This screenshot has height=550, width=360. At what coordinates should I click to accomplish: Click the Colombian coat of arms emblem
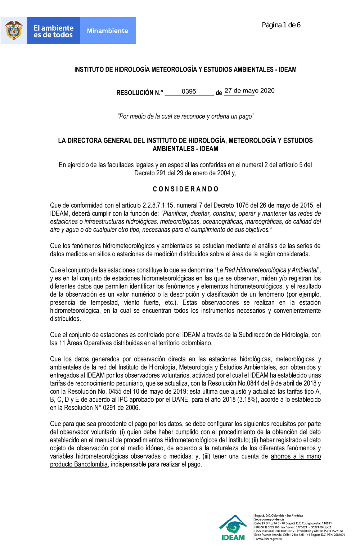pyautogui.click(x=14, y=31)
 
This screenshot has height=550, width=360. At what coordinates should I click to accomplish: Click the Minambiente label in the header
pyautogui.click(x=107, y=31)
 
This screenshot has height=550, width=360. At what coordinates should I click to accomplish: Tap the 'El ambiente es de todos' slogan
pyautogui.click(x=53, y=31)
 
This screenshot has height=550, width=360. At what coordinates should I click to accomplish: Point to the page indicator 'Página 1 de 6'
pyautogui.click(x=281, y=25)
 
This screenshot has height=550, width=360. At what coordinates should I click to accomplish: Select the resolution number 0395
pyautogui.click(x=189, y=91)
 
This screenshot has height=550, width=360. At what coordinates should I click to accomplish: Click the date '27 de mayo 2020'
pyautogui.click(x=249, y=91)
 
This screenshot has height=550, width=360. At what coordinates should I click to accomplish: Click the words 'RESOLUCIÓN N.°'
pyautogui.click(x=139, y=93)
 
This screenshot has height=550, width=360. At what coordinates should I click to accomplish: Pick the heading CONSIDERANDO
pyautogui.click(x=185, y=189)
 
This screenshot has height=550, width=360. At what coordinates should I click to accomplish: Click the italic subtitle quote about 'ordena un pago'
pyautogui.click(x=185, y=116)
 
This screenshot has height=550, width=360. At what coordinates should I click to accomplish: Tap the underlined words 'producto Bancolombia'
pyautogui.click(x=79, y=464)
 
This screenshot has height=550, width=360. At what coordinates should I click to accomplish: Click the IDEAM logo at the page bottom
pyautogui.click(x=233, y=528)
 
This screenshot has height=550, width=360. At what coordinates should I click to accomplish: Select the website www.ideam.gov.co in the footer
pyautogui.click(x=268, y=539)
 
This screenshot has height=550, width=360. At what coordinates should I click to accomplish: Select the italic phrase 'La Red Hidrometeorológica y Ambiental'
pyautogui.click(x=267, y=270)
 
